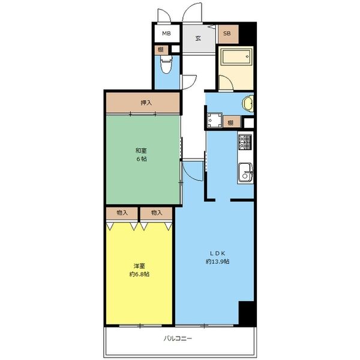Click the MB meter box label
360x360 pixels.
166,34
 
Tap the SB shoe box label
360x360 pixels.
227,34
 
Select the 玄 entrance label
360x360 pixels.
198,38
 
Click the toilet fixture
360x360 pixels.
166,64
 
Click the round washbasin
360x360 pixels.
248,104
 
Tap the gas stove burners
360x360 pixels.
245,142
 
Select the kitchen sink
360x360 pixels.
245,172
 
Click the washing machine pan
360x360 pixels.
214,121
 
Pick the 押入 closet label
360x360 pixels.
146,103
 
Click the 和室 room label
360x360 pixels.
141,151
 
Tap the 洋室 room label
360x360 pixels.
139,266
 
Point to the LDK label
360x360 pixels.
217,253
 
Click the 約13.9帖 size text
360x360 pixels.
217,261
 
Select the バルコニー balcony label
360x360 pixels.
178,338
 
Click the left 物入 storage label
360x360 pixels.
122,213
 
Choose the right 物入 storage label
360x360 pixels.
157,213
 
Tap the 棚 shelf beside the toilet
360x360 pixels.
161,50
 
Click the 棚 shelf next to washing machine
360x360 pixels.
230,122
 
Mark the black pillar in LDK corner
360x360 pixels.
247,313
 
